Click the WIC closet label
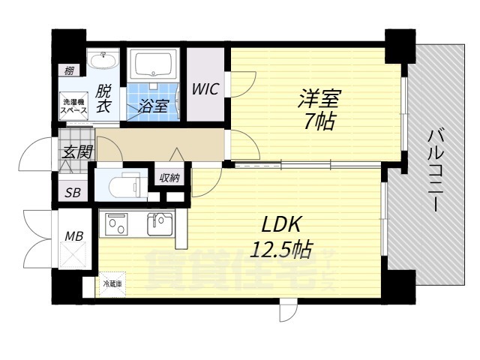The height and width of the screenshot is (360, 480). [205, 89]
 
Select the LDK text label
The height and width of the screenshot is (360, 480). [280, 223]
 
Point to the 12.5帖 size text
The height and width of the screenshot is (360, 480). [281, 247]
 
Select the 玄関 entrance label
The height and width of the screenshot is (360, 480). [77, 151]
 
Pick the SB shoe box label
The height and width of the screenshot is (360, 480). [72, 192]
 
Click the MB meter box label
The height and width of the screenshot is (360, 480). [73, 236]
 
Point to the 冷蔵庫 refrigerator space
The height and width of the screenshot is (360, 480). [112, 284]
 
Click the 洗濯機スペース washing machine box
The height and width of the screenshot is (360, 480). [74, 106]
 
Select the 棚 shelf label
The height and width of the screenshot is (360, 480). [69, 71]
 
